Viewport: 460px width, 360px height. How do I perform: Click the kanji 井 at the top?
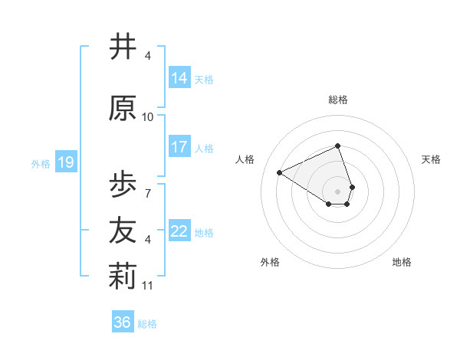(x=123, y=47)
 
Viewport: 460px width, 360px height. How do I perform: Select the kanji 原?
(x=123, y=109)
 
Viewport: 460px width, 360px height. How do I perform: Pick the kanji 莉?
(x=123, y=277)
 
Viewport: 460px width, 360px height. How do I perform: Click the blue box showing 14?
(x=179, y=77)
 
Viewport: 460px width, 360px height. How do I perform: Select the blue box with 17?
(x=179, y=146)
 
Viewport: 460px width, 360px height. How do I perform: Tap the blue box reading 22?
(x=179, y=231)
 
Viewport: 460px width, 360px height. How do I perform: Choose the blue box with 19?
(x=65, y=162)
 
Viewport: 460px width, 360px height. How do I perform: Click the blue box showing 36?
(x=123, y=322)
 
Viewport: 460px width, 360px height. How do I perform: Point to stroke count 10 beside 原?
(x=148, y=117)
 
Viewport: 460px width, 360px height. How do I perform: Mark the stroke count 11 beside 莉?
(x=149, y=286)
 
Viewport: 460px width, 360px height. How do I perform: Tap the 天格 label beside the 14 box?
(x=204, y=79)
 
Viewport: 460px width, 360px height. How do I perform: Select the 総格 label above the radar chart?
(x=338, y=100)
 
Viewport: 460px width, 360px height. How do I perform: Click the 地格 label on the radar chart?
(x=402, y=262)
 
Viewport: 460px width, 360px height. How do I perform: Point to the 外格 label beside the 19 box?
(x=41, y=163)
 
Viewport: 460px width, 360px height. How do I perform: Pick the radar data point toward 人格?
(x=280, y=172)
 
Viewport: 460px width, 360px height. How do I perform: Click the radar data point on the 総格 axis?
(x=338, y=146)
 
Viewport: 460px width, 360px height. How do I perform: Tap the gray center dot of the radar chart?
(x=338, y=191)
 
